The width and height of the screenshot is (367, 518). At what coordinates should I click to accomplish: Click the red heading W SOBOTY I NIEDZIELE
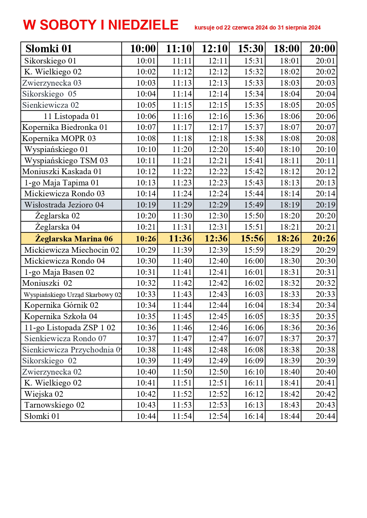point(101,25)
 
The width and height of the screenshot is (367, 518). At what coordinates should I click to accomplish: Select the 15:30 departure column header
point(250,49)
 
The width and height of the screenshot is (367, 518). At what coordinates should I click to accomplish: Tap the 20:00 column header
point(322,49)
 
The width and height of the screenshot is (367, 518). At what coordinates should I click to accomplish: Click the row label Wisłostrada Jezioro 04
point(64,205)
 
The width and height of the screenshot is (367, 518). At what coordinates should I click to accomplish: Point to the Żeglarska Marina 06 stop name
point(74,238)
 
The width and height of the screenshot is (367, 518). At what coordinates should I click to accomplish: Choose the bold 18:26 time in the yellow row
point(288,238)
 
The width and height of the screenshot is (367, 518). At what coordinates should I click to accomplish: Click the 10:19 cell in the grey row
point(146,205)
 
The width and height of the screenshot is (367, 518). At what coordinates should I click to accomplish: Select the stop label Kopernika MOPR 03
point(59,138)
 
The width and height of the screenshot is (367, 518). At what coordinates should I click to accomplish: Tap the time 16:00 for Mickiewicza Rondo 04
point(254,261)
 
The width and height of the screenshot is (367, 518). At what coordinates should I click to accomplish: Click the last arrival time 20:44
point(325,416)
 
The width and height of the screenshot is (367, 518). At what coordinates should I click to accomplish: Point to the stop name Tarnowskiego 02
point(54,405)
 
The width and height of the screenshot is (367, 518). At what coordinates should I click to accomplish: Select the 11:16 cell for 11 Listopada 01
point(182,116)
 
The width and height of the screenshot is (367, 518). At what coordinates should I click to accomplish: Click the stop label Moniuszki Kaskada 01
point(62,171)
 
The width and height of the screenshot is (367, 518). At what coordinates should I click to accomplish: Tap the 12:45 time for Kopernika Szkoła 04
point(218,316)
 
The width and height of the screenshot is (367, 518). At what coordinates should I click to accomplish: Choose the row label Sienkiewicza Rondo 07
point(65,339)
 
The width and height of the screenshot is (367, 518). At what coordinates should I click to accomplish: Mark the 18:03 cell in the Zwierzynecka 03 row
point(290,83)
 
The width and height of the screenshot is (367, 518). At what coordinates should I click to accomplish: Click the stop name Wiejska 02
point(44,394)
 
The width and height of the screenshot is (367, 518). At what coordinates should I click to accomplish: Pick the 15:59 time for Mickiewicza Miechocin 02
point(254,250)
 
